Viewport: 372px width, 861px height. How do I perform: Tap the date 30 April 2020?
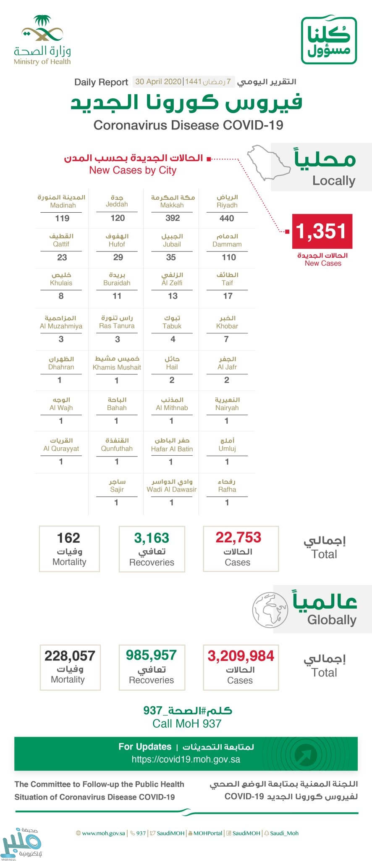[x=158, y=82]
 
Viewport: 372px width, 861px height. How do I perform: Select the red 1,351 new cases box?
[x=322, y=231]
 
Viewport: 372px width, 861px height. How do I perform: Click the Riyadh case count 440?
[x=227, y=218]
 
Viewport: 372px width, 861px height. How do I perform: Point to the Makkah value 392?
[x=172, y=218]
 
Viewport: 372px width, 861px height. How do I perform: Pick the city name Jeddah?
[x=117, y=204]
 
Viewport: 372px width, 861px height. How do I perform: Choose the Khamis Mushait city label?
[x=117, y=367]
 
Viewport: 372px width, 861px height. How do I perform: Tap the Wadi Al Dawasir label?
[x=171, y=489]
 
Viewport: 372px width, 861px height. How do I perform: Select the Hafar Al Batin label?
[x=172, y=449]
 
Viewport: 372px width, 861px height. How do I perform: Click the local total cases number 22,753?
[x=238, y=537]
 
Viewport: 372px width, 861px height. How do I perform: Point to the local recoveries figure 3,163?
[x=152, y=538]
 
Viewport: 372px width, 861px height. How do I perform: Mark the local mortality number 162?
[x=68, y=538]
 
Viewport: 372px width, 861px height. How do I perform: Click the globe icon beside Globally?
[x=270, y=610]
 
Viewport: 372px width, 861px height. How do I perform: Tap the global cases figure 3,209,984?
[x=241, y=656]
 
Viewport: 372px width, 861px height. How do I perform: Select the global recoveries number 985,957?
[x=151, y=655]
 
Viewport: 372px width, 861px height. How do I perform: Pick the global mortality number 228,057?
[x=70, y=656]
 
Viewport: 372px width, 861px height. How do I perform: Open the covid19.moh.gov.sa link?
[x=186, y=760]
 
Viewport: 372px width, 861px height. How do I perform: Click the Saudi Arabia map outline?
[x=269, y=162]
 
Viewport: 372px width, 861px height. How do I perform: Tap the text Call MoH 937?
[x=187, y=724]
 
